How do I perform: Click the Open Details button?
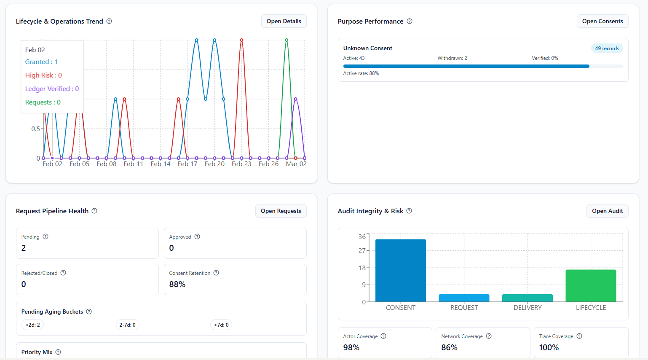point(284,21)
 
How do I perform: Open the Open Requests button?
point(281,211)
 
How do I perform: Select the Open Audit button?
point(607,211)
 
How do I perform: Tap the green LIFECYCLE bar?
point(591,286)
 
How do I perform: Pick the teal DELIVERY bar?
point(527,298)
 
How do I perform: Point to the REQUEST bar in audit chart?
point(464,298)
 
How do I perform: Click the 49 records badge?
point(607,48)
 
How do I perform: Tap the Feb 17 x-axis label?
point(187,164)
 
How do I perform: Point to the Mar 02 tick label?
point(296,164)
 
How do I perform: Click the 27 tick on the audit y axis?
point(362,251)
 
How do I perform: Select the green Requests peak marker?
point(287,40)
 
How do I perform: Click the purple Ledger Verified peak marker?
point(296,99)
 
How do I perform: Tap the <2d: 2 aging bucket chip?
point(33,325)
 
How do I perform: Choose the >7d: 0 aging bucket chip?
point(221,325)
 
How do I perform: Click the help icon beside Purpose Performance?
point(410,21)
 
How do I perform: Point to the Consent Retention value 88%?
point(177,285)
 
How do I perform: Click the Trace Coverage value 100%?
point(549,348)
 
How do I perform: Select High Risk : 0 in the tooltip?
point(43,75)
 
